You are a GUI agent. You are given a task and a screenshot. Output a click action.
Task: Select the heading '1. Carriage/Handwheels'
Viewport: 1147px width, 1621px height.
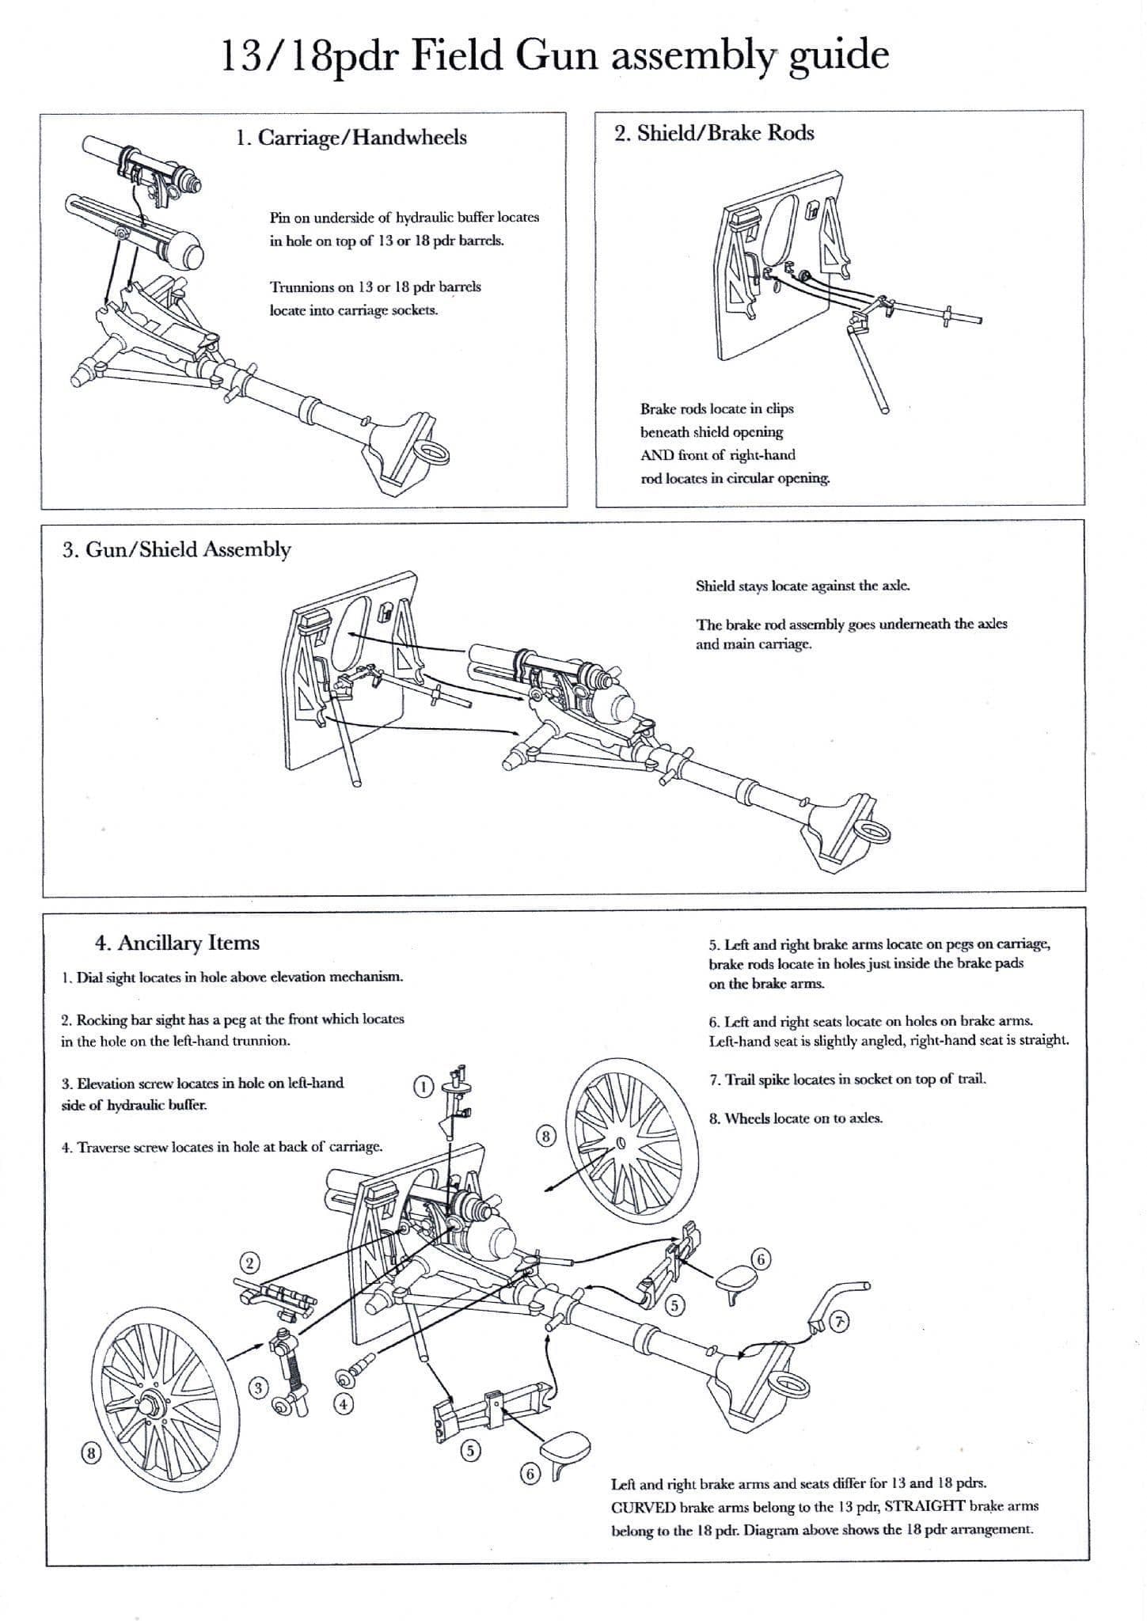[351, 138]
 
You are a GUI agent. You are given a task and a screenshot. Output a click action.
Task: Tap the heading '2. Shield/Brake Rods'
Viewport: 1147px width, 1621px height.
[714, 133]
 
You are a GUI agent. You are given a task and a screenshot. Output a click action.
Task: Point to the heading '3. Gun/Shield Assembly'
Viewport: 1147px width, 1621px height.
[177, 549]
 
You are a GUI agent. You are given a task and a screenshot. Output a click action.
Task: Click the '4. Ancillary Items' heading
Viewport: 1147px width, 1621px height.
[177, 943]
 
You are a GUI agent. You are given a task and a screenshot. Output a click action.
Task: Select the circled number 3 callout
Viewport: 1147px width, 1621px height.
[257, 1387]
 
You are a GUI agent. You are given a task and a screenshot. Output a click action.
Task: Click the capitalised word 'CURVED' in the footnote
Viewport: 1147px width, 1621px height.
[644, 1506]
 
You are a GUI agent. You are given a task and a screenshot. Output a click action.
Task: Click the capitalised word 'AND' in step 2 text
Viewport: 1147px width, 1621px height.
[655, 455]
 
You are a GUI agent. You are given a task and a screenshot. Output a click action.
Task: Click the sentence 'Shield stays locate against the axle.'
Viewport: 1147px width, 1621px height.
[803, 587]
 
